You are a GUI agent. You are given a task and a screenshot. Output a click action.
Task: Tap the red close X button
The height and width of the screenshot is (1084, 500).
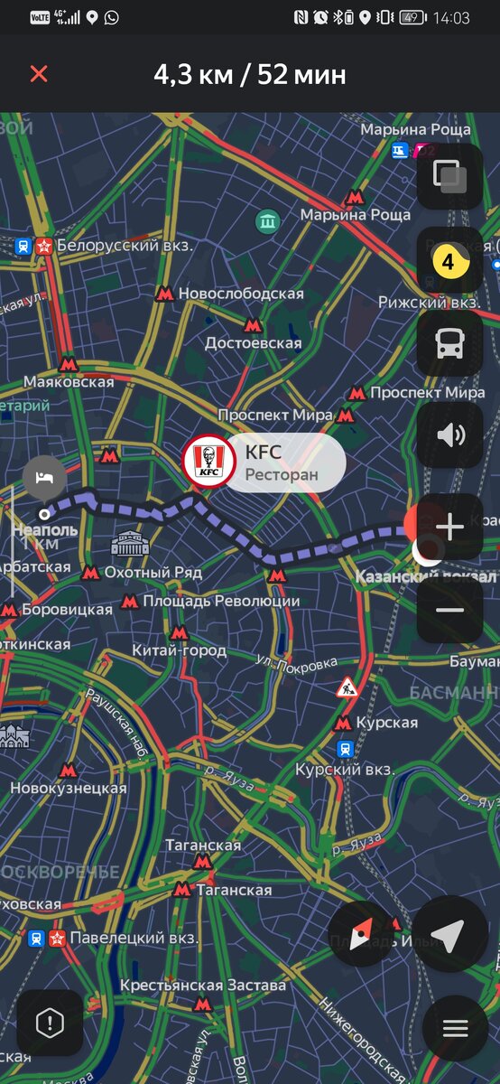coord(38,74)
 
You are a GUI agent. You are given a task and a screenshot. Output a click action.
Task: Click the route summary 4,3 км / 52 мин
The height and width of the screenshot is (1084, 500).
coord(250,74)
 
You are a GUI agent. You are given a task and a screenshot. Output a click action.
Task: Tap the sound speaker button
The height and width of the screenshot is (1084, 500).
coord(449,436)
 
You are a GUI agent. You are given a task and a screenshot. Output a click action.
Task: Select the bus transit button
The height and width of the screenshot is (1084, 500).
coord(449,344)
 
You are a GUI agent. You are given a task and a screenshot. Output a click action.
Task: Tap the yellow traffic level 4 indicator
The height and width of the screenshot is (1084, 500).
coord(449,262)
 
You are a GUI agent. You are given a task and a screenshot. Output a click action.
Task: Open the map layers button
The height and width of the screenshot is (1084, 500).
coord(449,175)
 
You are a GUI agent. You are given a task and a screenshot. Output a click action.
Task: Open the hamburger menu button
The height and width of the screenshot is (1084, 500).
coord(455,1028)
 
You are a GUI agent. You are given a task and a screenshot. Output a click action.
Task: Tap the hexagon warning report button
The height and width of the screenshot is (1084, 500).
coord(49,1023)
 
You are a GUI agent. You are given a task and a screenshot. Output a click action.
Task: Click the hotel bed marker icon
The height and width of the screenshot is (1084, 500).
coord(43,476)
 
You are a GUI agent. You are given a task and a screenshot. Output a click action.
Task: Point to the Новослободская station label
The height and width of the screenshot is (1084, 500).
coord(240,294)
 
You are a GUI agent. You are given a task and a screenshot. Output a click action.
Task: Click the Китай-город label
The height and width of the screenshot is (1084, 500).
coord(179,649)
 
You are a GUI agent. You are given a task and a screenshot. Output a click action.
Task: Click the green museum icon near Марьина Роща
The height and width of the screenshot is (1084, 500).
coord(267,220)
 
